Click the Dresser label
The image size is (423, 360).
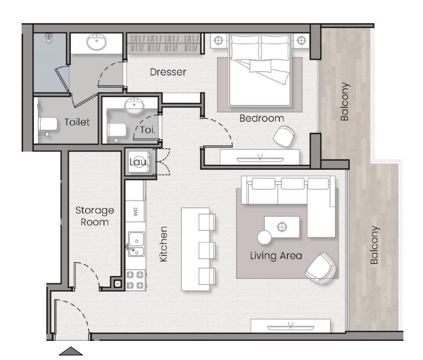point(168,72)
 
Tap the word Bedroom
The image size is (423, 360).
point(262,118)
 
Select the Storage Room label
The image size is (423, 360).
point(94,216)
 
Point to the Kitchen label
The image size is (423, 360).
point(164,244)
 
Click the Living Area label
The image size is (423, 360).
point(276,256)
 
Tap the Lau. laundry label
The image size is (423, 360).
point(139,162)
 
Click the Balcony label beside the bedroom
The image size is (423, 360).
point(345,101)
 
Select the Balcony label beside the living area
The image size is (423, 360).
point(374,245)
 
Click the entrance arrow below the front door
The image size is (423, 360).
point(71,351)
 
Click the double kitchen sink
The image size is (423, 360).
point(136,244)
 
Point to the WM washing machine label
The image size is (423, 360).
point(136,212)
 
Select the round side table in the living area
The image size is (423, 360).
point(264,237)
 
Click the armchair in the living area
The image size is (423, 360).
point(321,267)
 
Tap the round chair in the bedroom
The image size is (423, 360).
point(284,136)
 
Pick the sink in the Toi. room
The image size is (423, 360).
point(134,106)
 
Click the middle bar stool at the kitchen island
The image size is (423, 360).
point(207,250)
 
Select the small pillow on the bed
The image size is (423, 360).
point(260,66)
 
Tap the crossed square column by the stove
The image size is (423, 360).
point(118,284)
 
